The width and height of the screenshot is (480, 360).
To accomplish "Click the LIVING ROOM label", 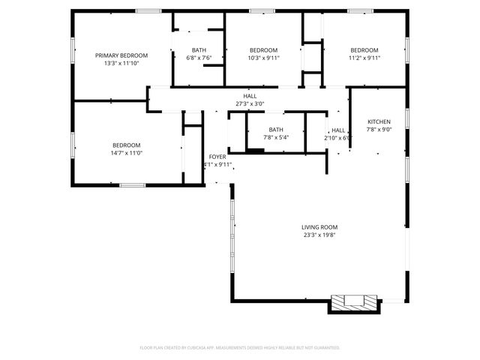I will (319, 227).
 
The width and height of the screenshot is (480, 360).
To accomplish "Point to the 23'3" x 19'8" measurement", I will (319, 235).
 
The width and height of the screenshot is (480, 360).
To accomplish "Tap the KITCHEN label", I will (378, 121).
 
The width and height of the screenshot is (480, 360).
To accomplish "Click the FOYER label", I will (217, 157).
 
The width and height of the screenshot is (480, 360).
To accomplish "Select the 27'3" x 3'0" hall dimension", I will (250, 103).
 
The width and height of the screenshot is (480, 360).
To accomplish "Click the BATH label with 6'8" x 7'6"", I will (199, 50).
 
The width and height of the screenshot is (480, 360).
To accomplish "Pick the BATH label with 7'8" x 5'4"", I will (276, 130).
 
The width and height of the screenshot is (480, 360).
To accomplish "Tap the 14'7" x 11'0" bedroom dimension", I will (126, 153).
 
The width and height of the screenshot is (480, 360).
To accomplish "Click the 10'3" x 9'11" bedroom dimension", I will (263, 58).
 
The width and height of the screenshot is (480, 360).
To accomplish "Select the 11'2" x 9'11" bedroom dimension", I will (364, 58).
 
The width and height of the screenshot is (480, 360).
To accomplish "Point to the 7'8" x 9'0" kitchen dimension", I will (378, 129).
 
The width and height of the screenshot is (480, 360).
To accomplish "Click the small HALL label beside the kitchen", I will (338, 130).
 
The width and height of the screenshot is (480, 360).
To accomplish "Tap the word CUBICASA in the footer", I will (214, 348).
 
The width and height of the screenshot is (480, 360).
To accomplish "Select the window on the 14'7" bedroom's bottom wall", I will (133, 184).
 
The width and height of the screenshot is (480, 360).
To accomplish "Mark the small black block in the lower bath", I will (256, 151).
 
